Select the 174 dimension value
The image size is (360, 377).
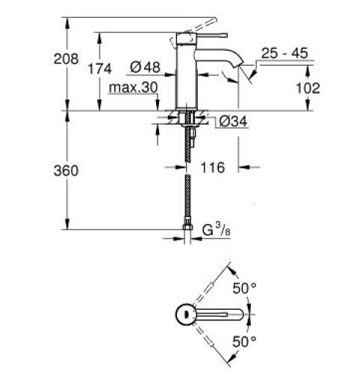pyautogui.click(x=99, y=69)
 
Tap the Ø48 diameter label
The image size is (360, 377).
pyautogui.click(x=145, y=68)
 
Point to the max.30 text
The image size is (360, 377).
pyautogui.click(x=132, y=88)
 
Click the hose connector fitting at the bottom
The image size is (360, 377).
pyautogui.click(x=186, y=226)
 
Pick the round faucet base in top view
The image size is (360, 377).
pyautogui.click(x=186, y=314)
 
